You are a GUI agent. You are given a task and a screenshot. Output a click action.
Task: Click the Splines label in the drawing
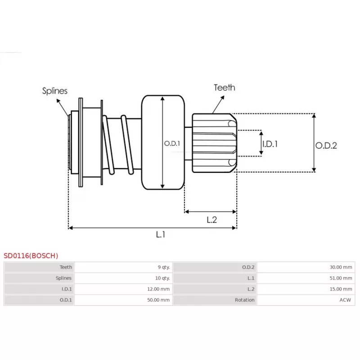tap(55, 91)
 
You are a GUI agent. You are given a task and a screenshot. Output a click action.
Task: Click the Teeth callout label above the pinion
tap(224, 87)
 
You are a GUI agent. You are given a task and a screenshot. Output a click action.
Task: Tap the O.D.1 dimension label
tap(172, 144)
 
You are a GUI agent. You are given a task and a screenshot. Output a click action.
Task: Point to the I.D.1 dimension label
tap(270, 144)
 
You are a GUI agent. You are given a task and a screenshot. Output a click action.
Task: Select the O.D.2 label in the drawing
tap(326, 145)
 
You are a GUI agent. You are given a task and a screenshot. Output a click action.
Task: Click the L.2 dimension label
tap(212, 220)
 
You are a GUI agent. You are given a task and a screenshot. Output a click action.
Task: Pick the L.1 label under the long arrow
tap(161, 234)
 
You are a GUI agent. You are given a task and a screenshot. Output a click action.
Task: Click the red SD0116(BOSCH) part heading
tap(31, 256)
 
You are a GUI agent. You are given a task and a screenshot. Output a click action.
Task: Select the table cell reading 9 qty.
tap(163, 267)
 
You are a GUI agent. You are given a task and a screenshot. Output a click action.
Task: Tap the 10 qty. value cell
tap(162, 278)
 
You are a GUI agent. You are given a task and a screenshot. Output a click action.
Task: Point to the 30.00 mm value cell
tap(341, 267)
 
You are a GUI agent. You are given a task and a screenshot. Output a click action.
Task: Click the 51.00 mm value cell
tap(341, 278)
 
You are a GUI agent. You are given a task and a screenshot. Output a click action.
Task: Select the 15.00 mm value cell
tap(341, 289)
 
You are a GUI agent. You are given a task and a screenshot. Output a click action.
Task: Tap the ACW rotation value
tap(346, 300)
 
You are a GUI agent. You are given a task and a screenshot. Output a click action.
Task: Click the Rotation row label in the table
tap(245, 300)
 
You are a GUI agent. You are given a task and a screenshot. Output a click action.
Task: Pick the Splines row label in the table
tap(63, 278)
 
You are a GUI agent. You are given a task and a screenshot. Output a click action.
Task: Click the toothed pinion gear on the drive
tap(214, 143)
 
